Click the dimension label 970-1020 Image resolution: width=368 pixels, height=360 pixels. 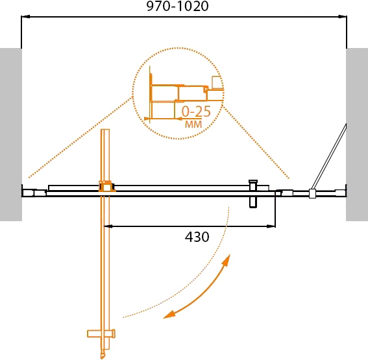tap(177, 6)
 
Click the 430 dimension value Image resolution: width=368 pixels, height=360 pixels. tap(197, 237)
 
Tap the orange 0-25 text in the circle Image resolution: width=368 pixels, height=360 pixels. tap(196, 112)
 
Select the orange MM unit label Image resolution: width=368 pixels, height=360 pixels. tap(193, 125)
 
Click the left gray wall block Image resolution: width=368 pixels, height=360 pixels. tap(11, 135)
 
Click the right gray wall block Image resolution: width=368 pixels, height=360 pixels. tap(357, 135)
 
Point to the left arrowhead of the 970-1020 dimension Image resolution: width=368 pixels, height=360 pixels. tap(25, 17)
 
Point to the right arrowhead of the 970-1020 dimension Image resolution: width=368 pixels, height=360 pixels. tap(343, 17)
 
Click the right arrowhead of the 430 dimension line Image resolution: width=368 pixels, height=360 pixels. tap(271, 226)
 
